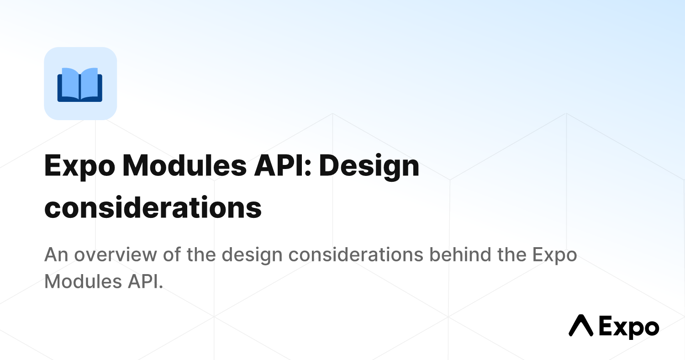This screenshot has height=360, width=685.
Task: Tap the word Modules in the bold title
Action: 184,165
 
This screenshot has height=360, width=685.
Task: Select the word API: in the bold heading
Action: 283,165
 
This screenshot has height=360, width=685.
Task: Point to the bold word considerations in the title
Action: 153,207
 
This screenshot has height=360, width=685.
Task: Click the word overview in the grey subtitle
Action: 116,254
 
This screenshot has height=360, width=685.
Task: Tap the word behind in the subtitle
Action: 460,254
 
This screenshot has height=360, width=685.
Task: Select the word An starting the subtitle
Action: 56,254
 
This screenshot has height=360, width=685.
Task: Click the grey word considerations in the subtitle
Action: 356,254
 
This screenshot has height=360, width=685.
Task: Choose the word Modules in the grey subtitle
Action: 83,281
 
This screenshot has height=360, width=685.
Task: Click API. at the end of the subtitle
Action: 145,281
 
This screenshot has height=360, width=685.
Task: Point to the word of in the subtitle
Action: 172,254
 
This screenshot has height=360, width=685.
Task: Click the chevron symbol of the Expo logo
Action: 581,325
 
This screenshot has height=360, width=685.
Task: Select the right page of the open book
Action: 90,83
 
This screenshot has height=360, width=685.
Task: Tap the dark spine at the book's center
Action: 80,87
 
